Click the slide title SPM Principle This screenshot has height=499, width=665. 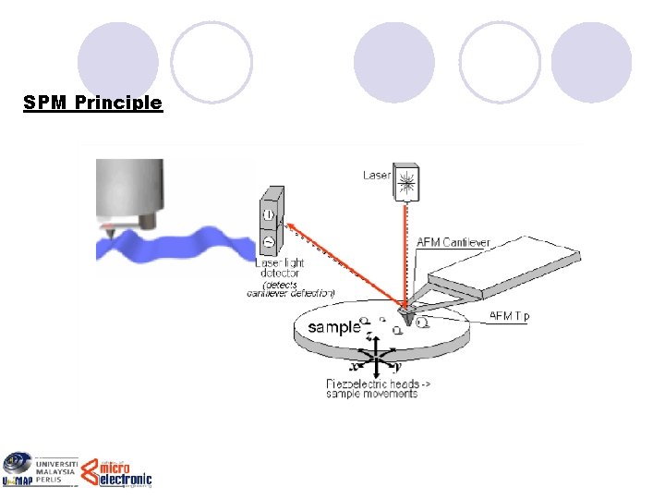pos(93,102)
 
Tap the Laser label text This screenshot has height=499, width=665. pos(376,175)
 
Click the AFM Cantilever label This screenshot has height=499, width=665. pos(453,243)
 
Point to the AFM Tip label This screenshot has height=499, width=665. pos(509,316)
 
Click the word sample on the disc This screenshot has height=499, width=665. pos(333,327)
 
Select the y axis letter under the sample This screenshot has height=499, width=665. pos(398,366)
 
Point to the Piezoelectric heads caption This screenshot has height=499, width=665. pos(373,388)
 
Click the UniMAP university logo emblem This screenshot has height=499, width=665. pos(16,468)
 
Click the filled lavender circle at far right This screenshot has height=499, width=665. pos(591,62)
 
